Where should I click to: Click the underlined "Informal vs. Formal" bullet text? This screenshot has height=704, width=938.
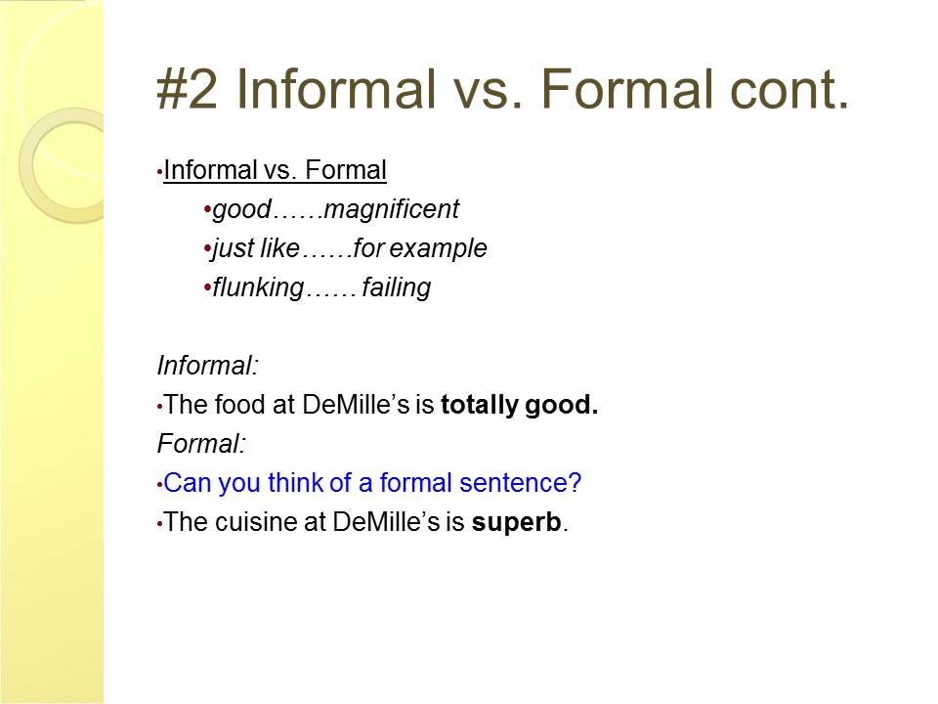[x=276, y=171]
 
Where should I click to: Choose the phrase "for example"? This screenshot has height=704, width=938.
[x=420, y=249]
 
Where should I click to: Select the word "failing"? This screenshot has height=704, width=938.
[x=396, y=288]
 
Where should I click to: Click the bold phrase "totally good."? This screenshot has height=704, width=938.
[x=519, y=405]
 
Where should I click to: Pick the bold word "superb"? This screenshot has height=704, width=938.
[x=517, y=522]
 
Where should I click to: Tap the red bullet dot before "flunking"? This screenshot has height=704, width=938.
[x=207, y=287]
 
